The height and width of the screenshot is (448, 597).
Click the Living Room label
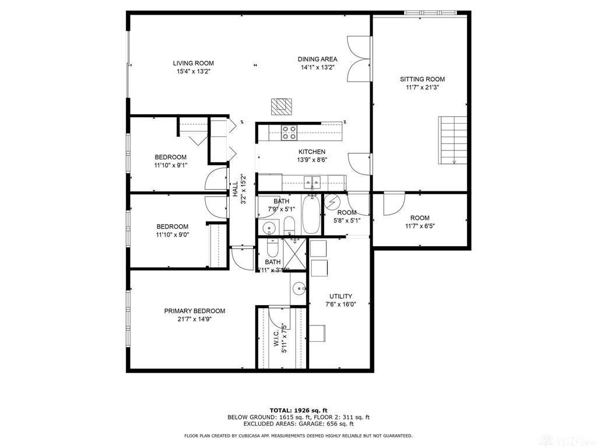193,63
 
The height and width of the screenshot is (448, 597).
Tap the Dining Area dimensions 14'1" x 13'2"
317,67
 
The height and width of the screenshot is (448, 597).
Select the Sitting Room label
422,79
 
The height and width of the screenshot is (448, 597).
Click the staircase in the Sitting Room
453,140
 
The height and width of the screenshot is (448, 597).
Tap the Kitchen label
312,152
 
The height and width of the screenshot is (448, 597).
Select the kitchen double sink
310,183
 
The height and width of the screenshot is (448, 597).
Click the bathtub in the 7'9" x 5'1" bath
310,215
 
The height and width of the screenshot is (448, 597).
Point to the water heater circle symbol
332,202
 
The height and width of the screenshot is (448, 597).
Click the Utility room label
340,296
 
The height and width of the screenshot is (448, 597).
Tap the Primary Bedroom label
194,311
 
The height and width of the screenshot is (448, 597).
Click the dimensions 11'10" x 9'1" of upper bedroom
170,166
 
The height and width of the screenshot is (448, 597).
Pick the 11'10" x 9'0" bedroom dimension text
172,235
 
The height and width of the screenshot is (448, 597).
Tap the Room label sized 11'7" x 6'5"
419,218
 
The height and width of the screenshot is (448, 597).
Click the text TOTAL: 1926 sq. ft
298,410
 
